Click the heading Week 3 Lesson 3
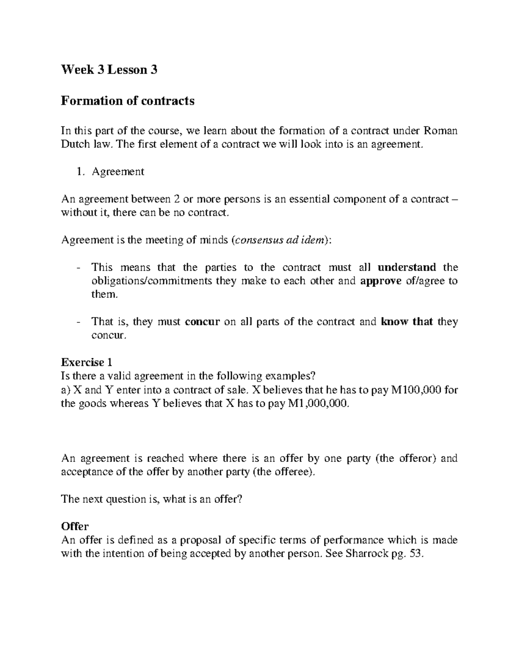tap(109, 69)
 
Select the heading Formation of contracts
tap(128, 101)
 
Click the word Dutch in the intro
tap(75, 144)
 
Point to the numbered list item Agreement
tap(118, 172)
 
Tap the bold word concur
tap(202, 322)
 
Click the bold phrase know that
tap(407, 322)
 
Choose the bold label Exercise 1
tap(87, 362)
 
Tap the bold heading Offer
tap(75, 526)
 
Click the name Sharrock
tap(367, 554)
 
